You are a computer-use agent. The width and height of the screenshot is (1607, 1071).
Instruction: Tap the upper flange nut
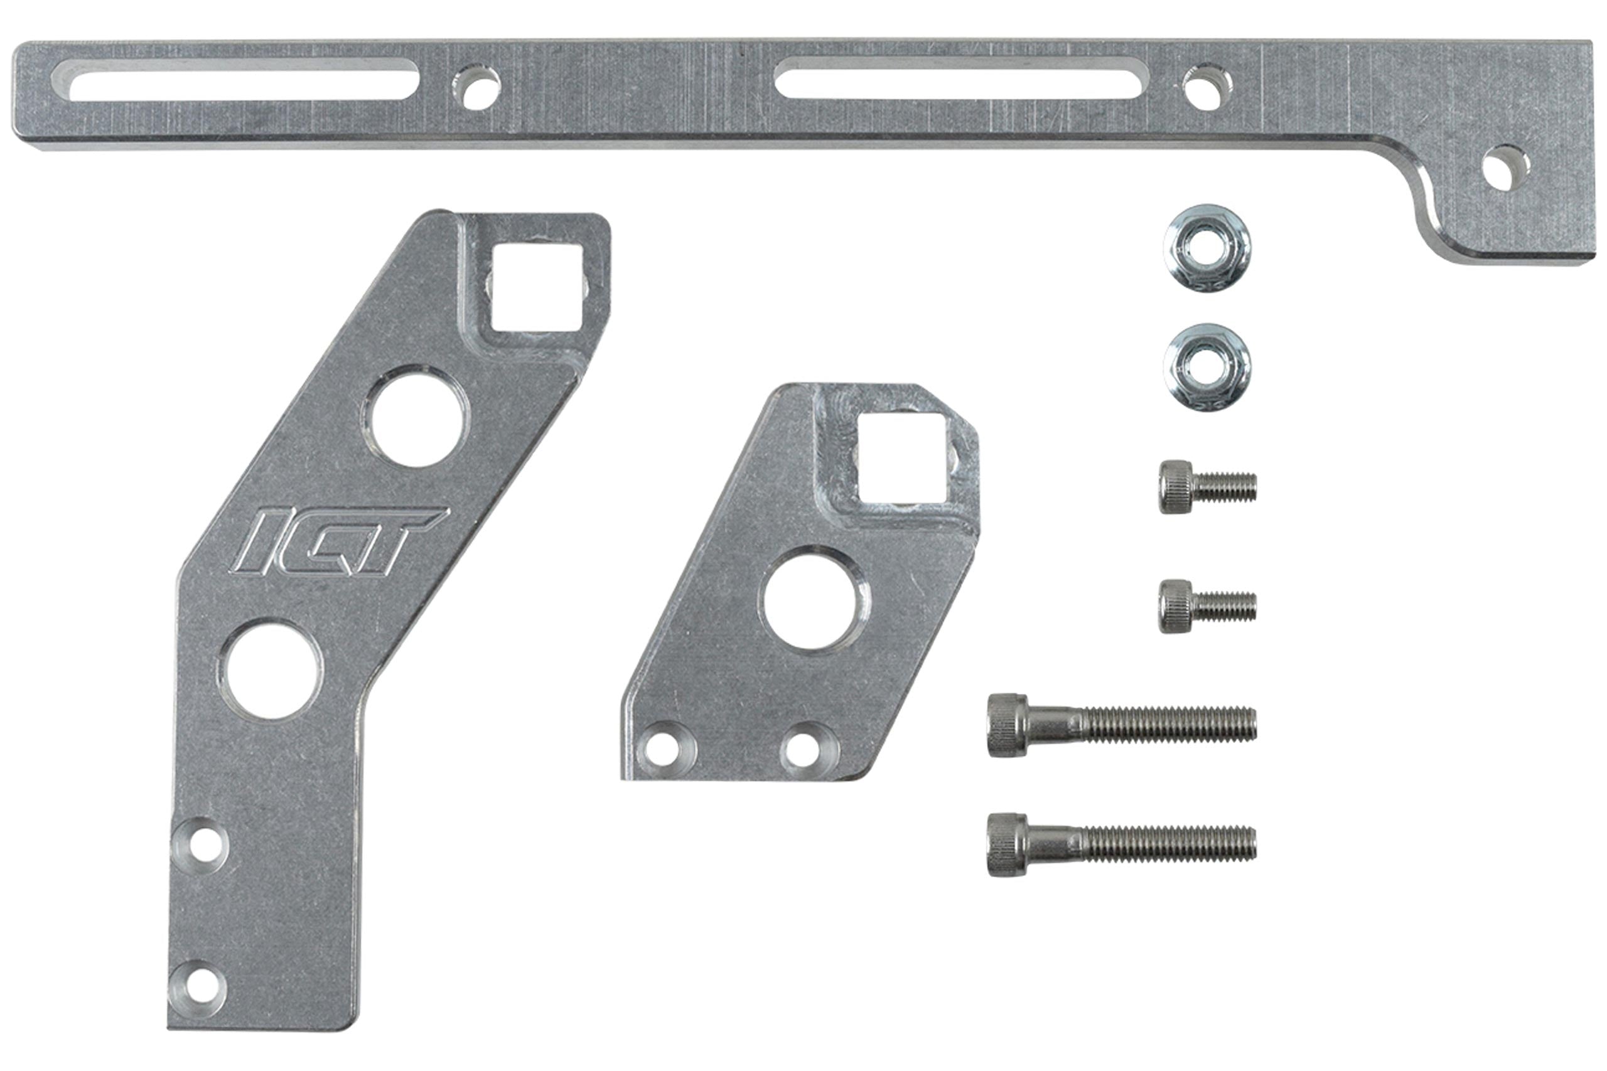pos(1207,248)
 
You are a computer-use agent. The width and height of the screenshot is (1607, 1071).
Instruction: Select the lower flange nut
pos(1207,367)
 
